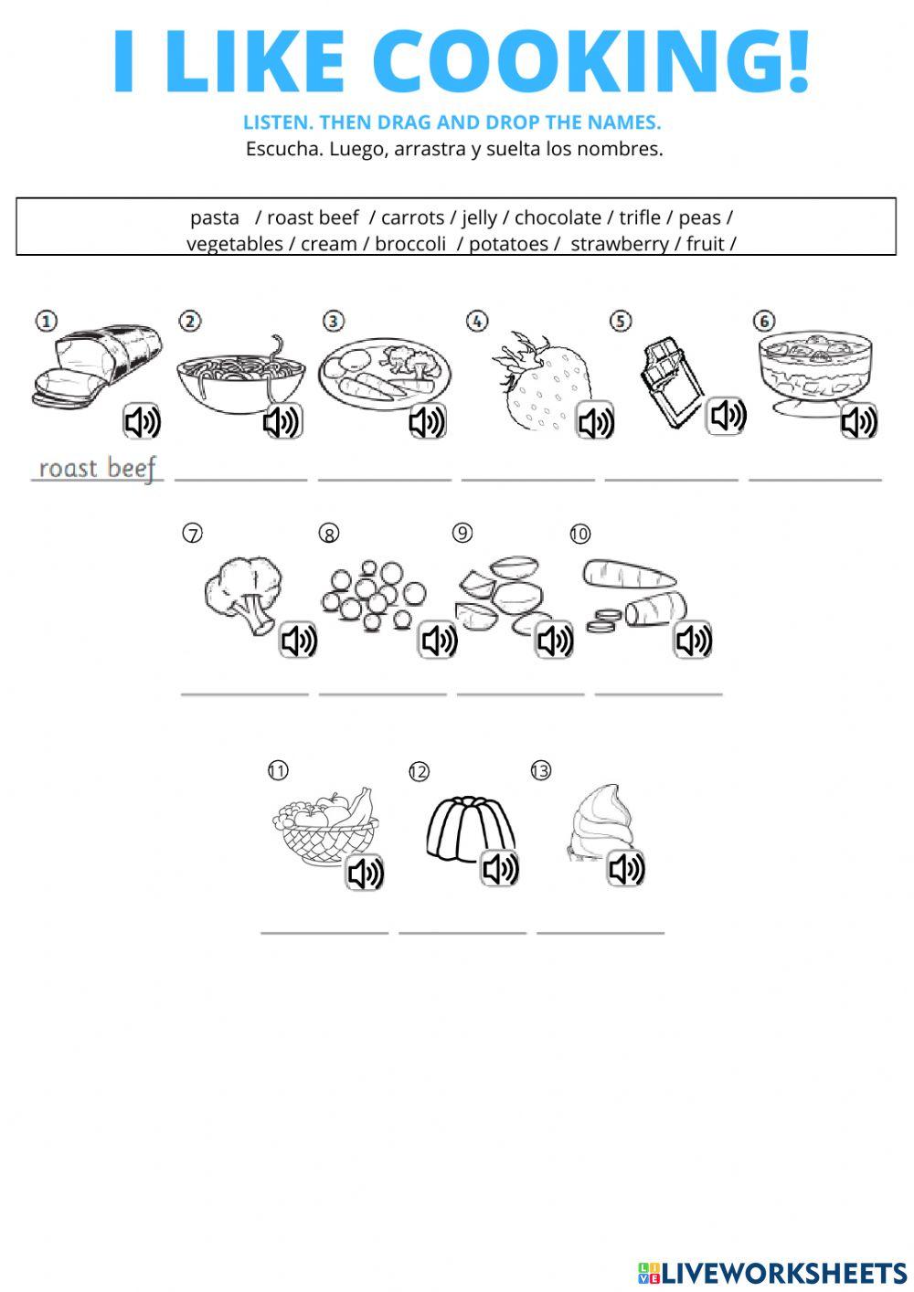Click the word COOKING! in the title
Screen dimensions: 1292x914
point(591,62)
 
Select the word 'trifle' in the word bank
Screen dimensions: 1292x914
point(639,217)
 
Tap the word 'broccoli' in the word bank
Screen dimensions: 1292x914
point(410,244)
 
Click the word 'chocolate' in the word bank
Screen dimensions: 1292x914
point(558,217)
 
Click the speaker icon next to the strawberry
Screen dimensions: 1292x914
point(595,421)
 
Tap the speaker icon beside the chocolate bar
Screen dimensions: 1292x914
point(728,416)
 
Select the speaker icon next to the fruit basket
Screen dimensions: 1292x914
point(365,873)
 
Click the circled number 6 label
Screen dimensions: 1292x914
point(763,321)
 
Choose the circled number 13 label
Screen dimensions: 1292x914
point(541,771)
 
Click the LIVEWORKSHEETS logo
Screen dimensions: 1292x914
point(771,1272)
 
